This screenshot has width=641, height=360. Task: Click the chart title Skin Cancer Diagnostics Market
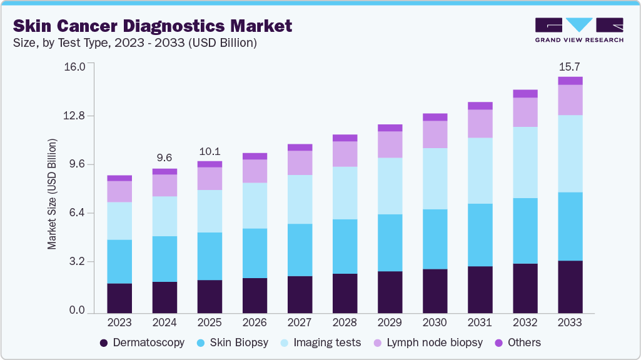[x=153, y=26]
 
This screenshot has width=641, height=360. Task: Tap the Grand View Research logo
[x=578, y=29]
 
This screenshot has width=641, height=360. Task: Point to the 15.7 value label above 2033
[x=570, y=66]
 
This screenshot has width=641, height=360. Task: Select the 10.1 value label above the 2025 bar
[x=209, y=151]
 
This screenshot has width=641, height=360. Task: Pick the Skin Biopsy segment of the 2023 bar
[x=119, y=261]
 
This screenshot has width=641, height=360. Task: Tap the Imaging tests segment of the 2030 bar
[x=435, y=179]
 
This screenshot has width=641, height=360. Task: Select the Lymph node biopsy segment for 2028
[x=345, y=154]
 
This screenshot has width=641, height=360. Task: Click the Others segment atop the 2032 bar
[x=525, y=94]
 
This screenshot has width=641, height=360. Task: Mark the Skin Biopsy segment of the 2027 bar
[x=300, y=250]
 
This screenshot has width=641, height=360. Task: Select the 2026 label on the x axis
[x=255, y=323]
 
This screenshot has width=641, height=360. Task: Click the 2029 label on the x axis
[x=390, y=323]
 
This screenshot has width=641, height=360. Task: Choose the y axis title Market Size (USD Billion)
[x=53, y=194]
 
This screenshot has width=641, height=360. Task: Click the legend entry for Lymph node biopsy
[x=429, y=342]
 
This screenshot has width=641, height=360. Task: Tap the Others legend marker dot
[x=499, y=342]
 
